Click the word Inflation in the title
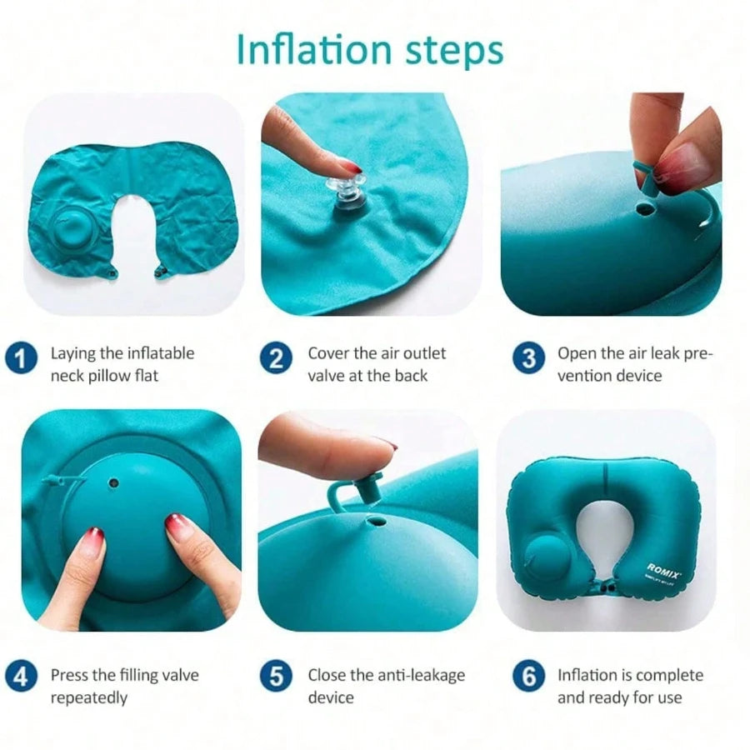pyautogui.click(x=314, y=49)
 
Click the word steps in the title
pyautogui.click(x=454, y=52)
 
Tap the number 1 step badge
pyautogui.click(x=21, y=358)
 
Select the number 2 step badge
pyautogui.click(x=276, y=358)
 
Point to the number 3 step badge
pyautogui.click(x=528, y=358)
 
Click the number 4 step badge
pyautogui.click(x=21, y=677)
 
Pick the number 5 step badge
pyautogui.click(x=276, y=677)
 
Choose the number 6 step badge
pyautogui.click(x=528, y=677)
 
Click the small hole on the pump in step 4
pyautogui.click(x=114, y=483)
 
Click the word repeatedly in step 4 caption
pyautogui.click(x=89, y=698)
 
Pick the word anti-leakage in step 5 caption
pyautogui.click(x=407, y=675)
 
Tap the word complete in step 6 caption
pyautogui.click(x=670, y=676)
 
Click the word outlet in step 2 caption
pyautogui.click(x=425, y=353)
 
